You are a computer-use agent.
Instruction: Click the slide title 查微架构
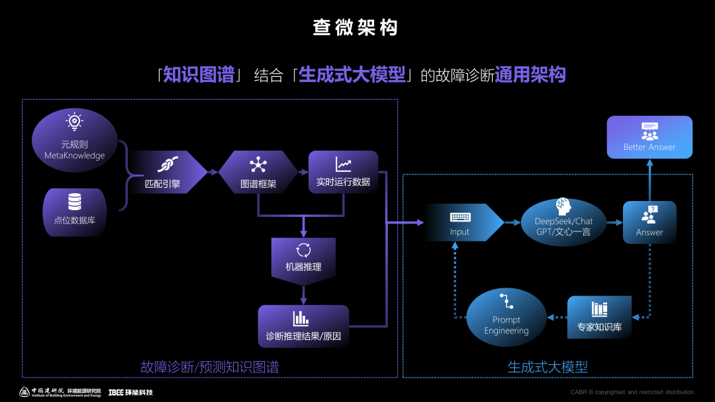tap(356, 28)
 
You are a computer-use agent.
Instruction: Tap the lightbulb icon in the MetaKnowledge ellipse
tap(74, 122)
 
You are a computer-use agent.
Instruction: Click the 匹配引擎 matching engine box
tap(166, 172)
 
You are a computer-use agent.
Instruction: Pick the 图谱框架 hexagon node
tap(258, 172)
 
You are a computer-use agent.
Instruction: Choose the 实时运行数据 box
tap(343, 172)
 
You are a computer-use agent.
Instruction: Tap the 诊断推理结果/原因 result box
tap(303, 326)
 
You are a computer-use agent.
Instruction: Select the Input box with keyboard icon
tap(461, 222)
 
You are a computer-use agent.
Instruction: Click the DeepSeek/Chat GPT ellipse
tap(563, 222)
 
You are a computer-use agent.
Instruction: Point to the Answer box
tap(649, 222)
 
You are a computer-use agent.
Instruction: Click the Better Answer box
tap(649, 137)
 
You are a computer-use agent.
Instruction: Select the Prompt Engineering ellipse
tap(506, 317)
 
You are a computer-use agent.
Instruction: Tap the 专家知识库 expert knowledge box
tap(599, 317)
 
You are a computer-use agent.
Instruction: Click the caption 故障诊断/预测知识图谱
tap(210, 367)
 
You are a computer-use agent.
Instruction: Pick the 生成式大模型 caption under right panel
tap(548, 367)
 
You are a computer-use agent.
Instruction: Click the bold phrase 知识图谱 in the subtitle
tap(199, 75)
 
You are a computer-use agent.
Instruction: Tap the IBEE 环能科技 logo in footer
tap(130, 392)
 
